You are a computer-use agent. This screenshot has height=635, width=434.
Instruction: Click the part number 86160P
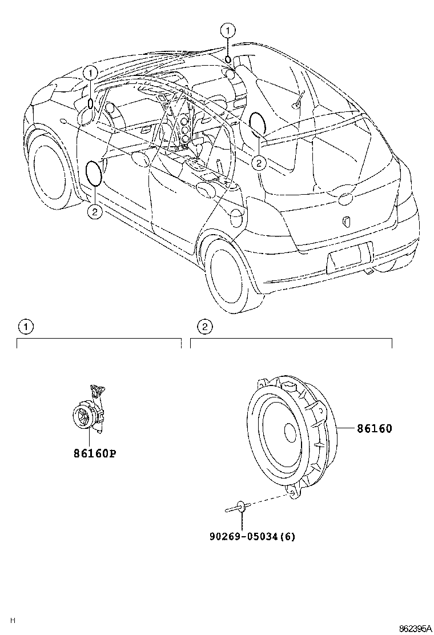pos(94,454)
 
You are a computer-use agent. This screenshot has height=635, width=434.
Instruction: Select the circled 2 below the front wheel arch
pos(94,212)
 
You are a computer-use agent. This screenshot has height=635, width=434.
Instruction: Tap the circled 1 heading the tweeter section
pos(26,327)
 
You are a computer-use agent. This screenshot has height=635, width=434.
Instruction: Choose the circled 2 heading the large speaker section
pos(204,327)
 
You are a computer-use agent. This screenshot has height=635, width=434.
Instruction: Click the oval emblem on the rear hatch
pos(347,199)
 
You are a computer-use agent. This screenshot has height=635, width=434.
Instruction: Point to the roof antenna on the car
pos(298,99)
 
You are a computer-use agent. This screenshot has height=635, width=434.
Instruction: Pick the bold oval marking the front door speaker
pos(93,173)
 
